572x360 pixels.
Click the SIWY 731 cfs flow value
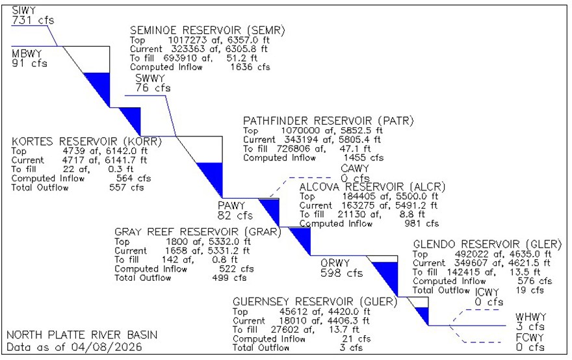pyautogui.click(x=32, y=20)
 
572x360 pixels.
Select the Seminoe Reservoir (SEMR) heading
pyautogui.click(x=207, y=31)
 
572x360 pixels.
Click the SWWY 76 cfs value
pyautogui.click(x=153, y=88)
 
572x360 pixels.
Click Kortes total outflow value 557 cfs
pyautogui.click(x=126, y=187)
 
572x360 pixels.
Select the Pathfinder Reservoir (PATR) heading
pyautogui.click(x=328, y=121)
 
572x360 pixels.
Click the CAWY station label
pyautogui.click(x=355, y=169)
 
